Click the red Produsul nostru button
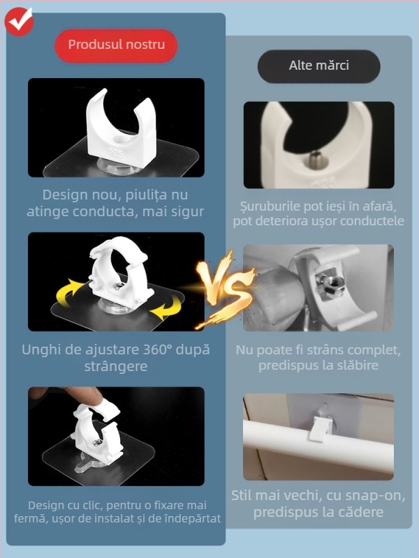tap(116, 45)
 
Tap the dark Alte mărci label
tap(318, 66)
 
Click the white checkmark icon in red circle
tap(19, 20)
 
